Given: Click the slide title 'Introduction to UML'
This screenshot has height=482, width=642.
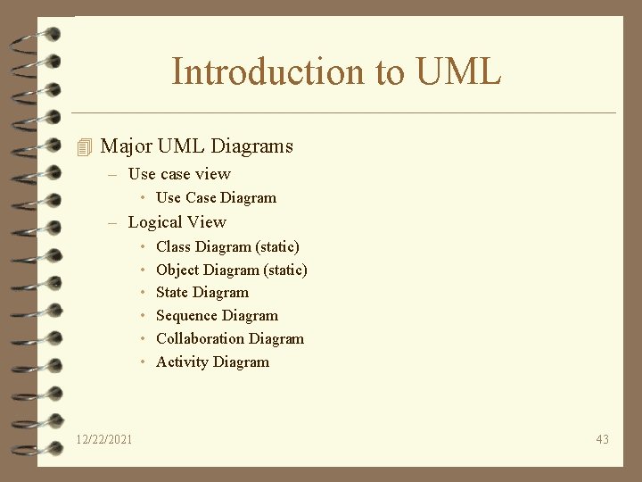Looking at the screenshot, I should click(336, 71).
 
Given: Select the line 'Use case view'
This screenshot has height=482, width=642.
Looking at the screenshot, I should click(179, 174).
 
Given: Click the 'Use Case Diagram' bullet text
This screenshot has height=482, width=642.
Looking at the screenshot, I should click(216, 198).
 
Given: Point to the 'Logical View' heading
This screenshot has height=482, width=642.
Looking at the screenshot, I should click(177, 222).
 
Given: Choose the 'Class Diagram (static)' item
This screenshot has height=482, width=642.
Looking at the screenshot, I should click(227, 246).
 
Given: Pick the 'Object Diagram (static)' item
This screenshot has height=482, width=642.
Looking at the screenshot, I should click(231, 270).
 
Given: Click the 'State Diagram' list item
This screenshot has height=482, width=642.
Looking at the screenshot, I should click(202, 293).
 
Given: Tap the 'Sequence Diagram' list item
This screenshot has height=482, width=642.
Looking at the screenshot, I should click(217, 316).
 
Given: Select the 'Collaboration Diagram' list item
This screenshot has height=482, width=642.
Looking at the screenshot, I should click(230, 339).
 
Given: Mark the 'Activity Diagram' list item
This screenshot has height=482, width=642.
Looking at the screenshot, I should click(212, 362).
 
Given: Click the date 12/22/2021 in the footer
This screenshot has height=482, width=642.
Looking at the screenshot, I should click(105, 439).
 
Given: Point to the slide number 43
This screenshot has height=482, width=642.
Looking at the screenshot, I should click(602, 439).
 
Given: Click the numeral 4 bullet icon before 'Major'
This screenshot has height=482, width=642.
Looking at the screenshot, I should click(85, 146).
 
